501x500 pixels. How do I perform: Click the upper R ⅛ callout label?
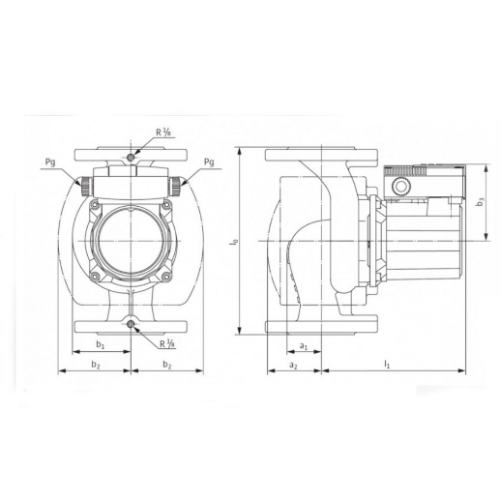coord(162,132)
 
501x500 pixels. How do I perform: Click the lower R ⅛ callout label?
coord(167,343)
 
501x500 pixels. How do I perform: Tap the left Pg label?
coord(50,162)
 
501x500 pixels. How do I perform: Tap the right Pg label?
coord(209,162)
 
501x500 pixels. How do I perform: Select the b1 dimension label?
coord(101,344)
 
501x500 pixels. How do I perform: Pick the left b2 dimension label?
coord(96,365)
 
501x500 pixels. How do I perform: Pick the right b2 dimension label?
coord(167,365)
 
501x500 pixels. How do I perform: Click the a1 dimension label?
coord(304,346)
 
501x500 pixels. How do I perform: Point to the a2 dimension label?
coord(293,366)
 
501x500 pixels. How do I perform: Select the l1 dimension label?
coord(387,365)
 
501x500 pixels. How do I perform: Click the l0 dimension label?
coord(234,241)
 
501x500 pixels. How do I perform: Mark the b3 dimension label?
coord(481,202)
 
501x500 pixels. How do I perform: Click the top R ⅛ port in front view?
coord(131,158)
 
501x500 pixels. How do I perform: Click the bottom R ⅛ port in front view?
coord(131,325)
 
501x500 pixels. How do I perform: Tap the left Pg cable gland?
coord(86,187)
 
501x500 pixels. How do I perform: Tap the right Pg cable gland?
coord(175,187)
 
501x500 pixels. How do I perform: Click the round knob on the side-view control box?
coord(401,187)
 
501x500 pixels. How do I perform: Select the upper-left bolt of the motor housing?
coord(95,204)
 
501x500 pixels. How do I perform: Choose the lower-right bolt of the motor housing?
coord(166,276)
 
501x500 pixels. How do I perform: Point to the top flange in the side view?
coord(321,155)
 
